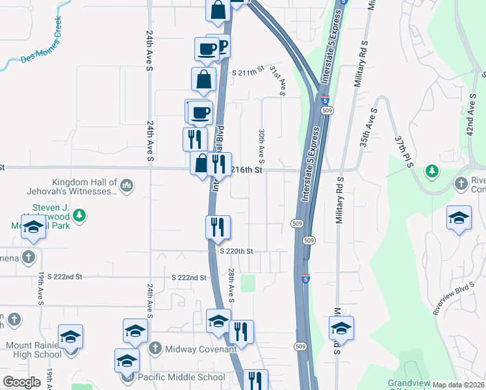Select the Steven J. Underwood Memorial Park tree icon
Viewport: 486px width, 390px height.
79,214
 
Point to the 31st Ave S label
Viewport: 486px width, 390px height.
277,80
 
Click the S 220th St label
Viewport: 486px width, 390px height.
235,251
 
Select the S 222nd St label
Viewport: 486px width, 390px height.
189,278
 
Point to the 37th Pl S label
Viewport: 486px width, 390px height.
403,151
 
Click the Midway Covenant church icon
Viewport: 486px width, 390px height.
155,348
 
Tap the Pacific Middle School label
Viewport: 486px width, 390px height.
182,377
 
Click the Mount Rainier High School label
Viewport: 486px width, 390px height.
34,350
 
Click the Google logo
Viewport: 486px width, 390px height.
21,382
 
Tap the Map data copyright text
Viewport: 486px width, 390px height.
458,385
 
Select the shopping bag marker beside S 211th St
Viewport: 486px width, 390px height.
204,80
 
